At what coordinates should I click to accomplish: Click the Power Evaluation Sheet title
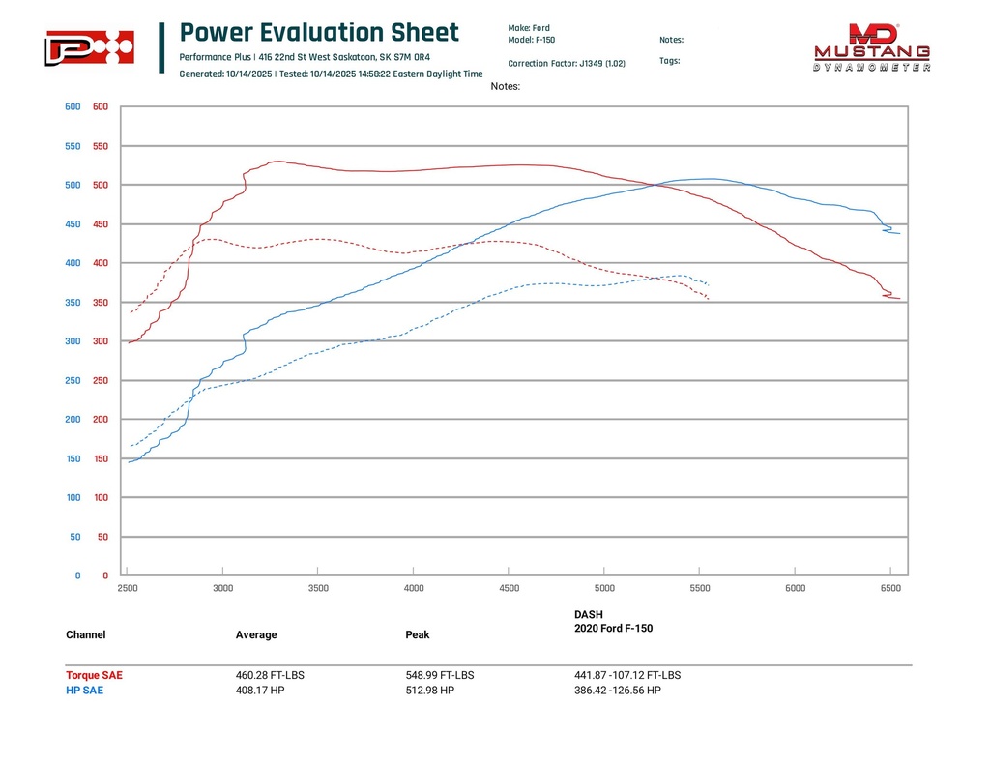click(319, 33)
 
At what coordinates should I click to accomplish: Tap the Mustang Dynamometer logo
click(872, 48)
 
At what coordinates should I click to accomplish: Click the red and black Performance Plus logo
click(89, 47)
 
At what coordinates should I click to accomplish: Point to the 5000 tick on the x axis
click(604, 587)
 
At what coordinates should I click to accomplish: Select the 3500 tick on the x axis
click(318, 587)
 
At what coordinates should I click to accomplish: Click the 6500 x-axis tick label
click(890, 587)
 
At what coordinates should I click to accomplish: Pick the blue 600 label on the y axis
click(73, 107)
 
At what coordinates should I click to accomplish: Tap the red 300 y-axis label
click(100, 341)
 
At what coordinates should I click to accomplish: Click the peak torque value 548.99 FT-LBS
click(440, 675)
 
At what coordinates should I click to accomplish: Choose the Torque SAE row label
click(95, 675)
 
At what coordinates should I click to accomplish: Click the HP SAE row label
click(84, 691)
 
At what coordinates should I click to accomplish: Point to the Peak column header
click(418, 635)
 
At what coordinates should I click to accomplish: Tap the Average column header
click(256, 635)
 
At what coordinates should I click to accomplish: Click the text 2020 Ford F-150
click(613, 629)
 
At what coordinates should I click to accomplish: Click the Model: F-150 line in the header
click(531, 41)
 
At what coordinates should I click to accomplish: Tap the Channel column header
click(86, 635)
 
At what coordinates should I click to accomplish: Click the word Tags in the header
click(669, 60)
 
